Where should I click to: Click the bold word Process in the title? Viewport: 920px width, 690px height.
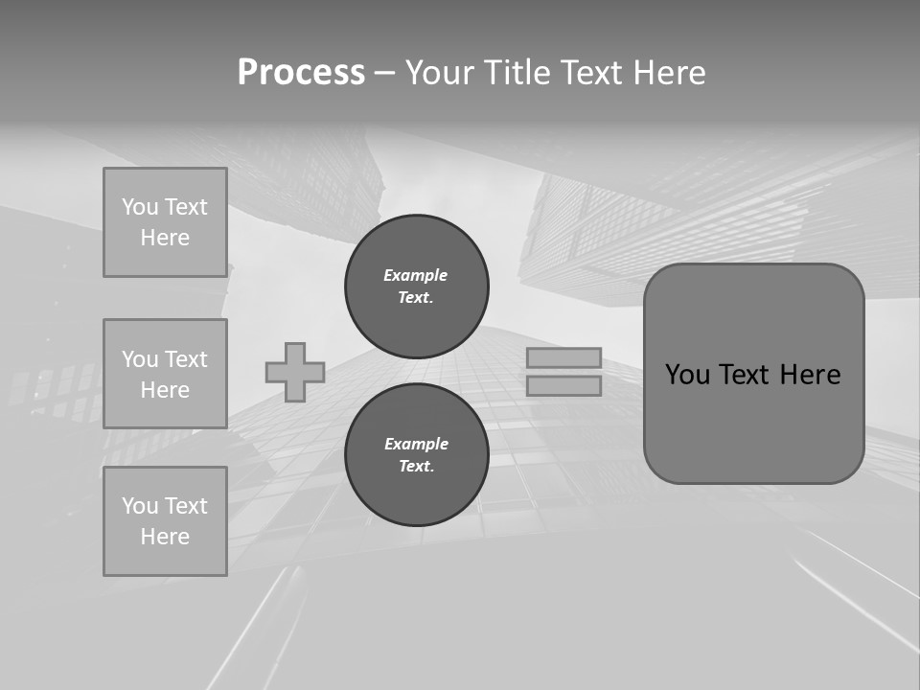pyautogui.click(x=301, y=73)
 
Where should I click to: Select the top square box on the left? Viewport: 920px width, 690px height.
pyautogui.click(x=165, y=222)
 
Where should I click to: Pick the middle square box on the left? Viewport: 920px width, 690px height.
pyautogui.click(x=165, y=374)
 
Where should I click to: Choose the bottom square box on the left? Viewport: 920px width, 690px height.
pyautogui.click(x=165, y=521)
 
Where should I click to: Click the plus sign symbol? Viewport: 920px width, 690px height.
pyautogui.click(x=295, y=372)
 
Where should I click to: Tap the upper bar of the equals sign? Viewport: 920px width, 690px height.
pyautogui.click(x=564, y=357)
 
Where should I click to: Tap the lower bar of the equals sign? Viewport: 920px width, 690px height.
pyautogui.click(x=564, y=385)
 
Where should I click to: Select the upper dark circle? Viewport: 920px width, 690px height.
pyautogui.click(x=417, y=286)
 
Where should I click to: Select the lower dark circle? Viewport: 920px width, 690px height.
pyautogui.click(x=417, y=454)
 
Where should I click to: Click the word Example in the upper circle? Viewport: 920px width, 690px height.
pyautogui.click(x=416, y=275)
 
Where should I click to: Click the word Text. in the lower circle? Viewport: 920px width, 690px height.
pyautogui.click(x=416, y=466)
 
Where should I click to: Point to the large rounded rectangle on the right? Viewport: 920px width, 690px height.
pyautogui.click(x=753, y=422)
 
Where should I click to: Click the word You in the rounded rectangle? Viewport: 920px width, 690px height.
pyautogui.click(x=687, y=375)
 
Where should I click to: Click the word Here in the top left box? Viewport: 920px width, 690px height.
pyautogui.click(x=165, y=238)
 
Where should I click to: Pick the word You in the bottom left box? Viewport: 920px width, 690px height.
pyautogui.click(x=140, y=506)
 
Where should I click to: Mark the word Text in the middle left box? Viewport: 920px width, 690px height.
pyautogui.click(x=186, y=359)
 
